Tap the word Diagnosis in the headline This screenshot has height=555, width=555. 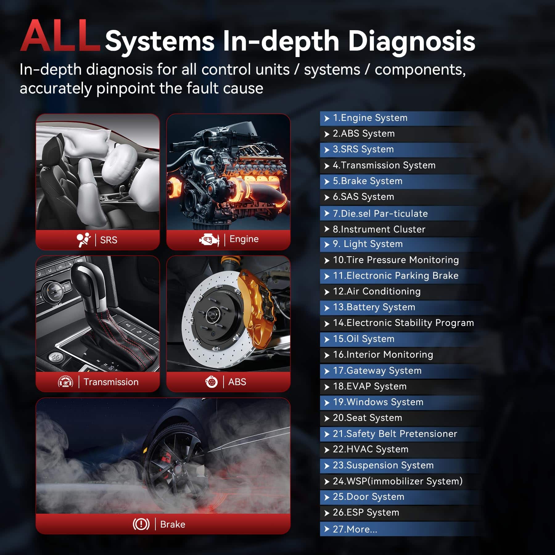pyautogui.click(x=411, y=42)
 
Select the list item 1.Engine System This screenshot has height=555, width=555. pyautogui.click(x=370, y=118)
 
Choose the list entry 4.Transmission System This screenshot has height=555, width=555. pyautogui.click(x=384, y=165)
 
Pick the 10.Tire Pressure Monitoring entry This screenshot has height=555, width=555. pyautogui.click(x=396, y=260)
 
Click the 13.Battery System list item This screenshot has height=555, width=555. pyautogui.click(x=374, y=307)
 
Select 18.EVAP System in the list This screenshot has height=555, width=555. pyautogui.click(x=370, y=386)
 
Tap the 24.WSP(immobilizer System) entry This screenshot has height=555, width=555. pyautogui.click(x=398, y=481)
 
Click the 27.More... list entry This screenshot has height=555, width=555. pyautogui.click(x=355, y=529)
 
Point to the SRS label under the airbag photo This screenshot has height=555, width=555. pyautogui.click(x=109, y=240)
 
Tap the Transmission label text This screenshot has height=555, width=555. pyautogui.click(x=111, y=382)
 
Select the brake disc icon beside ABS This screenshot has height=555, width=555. pyautogui.click(x=212, y=382)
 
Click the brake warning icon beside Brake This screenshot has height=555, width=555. pyautogui.click(x=141, y=524)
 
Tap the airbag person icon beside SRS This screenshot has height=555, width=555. pyautogui.click(x=84, y=240)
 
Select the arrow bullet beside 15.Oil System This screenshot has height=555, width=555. pyautogui.click(x=327, y=339)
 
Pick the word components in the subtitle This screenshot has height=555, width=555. pyautogui.click(x=420, y=70)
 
